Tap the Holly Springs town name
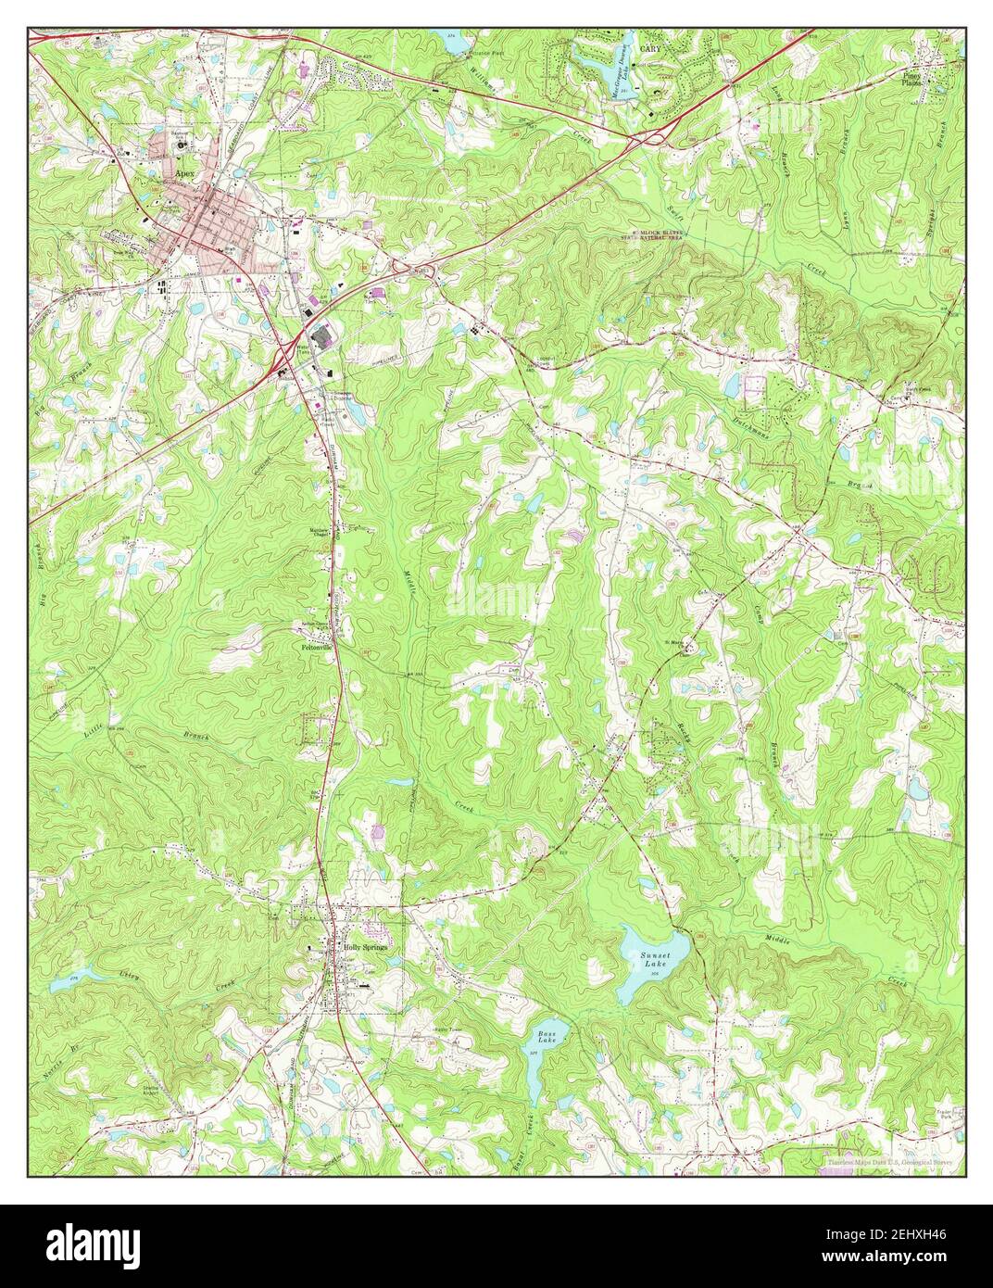[x=363, y=949]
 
